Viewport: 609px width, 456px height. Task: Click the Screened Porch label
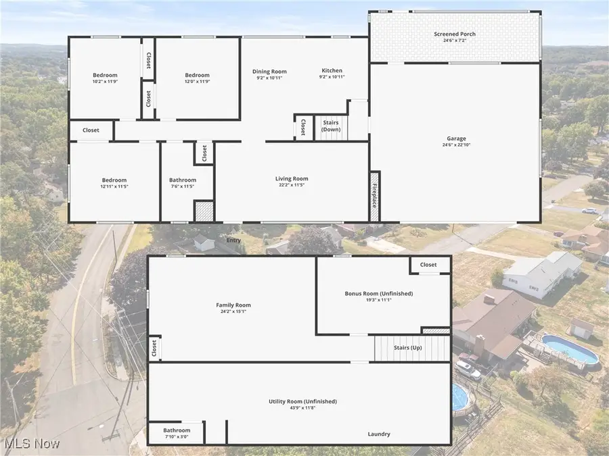(455, 34)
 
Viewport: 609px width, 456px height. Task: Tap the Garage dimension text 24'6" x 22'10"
(456, 145)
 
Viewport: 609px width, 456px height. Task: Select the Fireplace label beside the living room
(374, 196)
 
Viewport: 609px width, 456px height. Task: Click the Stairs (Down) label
(331, 126)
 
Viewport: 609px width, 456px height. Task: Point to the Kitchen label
(332, 70)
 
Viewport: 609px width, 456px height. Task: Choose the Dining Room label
(269, 72)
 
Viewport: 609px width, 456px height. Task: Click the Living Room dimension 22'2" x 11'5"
(292, 185)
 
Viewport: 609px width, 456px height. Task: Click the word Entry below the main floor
(233, 240)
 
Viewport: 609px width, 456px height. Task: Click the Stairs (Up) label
(408, 347)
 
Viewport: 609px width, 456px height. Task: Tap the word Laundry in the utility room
(379, 434)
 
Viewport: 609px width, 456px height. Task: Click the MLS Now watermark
(32, 444)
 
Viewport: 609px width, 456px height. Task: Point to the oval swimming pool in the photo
(570, 349)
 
